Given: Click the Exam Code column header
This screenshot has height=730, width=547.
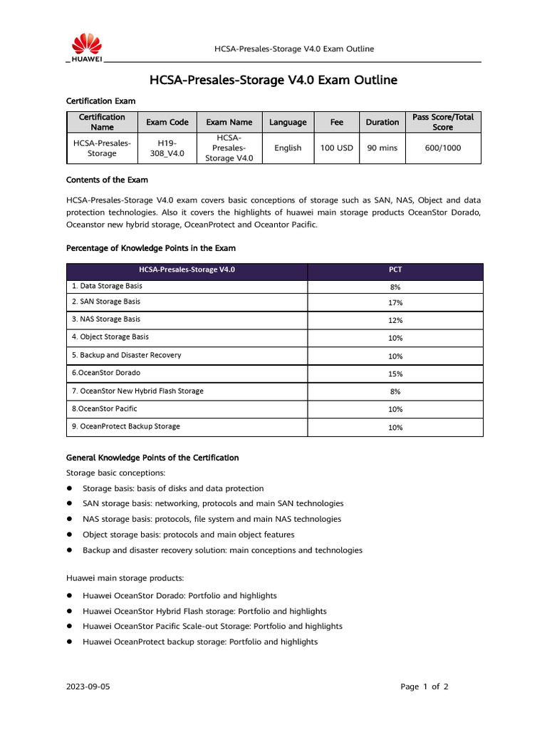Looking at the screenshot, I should [x=167, y=122].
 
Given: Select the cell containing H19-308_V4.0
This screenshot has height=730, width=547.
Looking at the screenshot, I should [x=167, y=148].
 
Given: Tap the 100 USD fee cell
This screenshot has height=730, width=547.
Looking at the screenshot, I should [x=337, y=148].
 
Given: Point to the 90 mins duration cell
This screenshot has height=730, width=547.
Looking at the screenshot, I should [x=382, y=148].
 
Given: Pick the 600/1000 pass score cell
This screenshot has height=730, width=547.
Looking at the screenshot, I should [x=442, y=148].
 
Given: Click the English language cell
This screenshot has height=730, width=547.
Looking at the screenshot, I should [x=288, y=148].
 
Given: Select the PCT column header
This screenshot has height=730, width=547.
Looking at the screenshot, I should [x=395, y=270].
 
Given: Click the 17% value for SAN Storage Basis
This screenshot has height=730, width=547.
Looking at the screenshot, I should [x=395, y=303].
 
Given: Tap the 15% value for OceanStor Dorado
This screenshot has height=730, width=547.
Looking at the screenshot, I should [x=395, y=374].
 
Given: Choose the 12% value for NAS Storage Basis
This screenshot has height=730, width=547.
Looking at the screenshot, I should [x=395, y=321].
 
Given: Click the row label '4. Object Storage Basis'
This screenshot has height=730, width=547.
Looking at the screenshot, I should [x=110, y=336].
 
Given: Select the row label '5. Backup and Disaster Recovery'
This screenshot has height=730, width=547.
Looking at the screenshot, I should [x=126, y=355].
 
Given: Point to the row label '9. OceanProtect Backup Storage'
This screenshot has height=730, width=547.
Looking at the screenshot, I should [x=125, y=426].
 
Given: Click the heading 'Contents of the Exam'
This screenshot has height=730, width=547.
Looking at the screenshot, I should [x=107, y=180].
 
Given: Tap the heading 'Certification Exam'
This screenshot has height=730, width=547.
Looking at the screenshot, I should [x=100, y=101].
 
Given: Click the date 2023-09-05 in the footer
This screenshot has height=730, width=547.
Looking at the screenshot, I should [x=88, y=687].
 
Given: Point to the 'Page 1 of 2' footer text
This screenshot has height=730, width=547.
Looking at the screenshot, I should [x=424, y=687].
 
